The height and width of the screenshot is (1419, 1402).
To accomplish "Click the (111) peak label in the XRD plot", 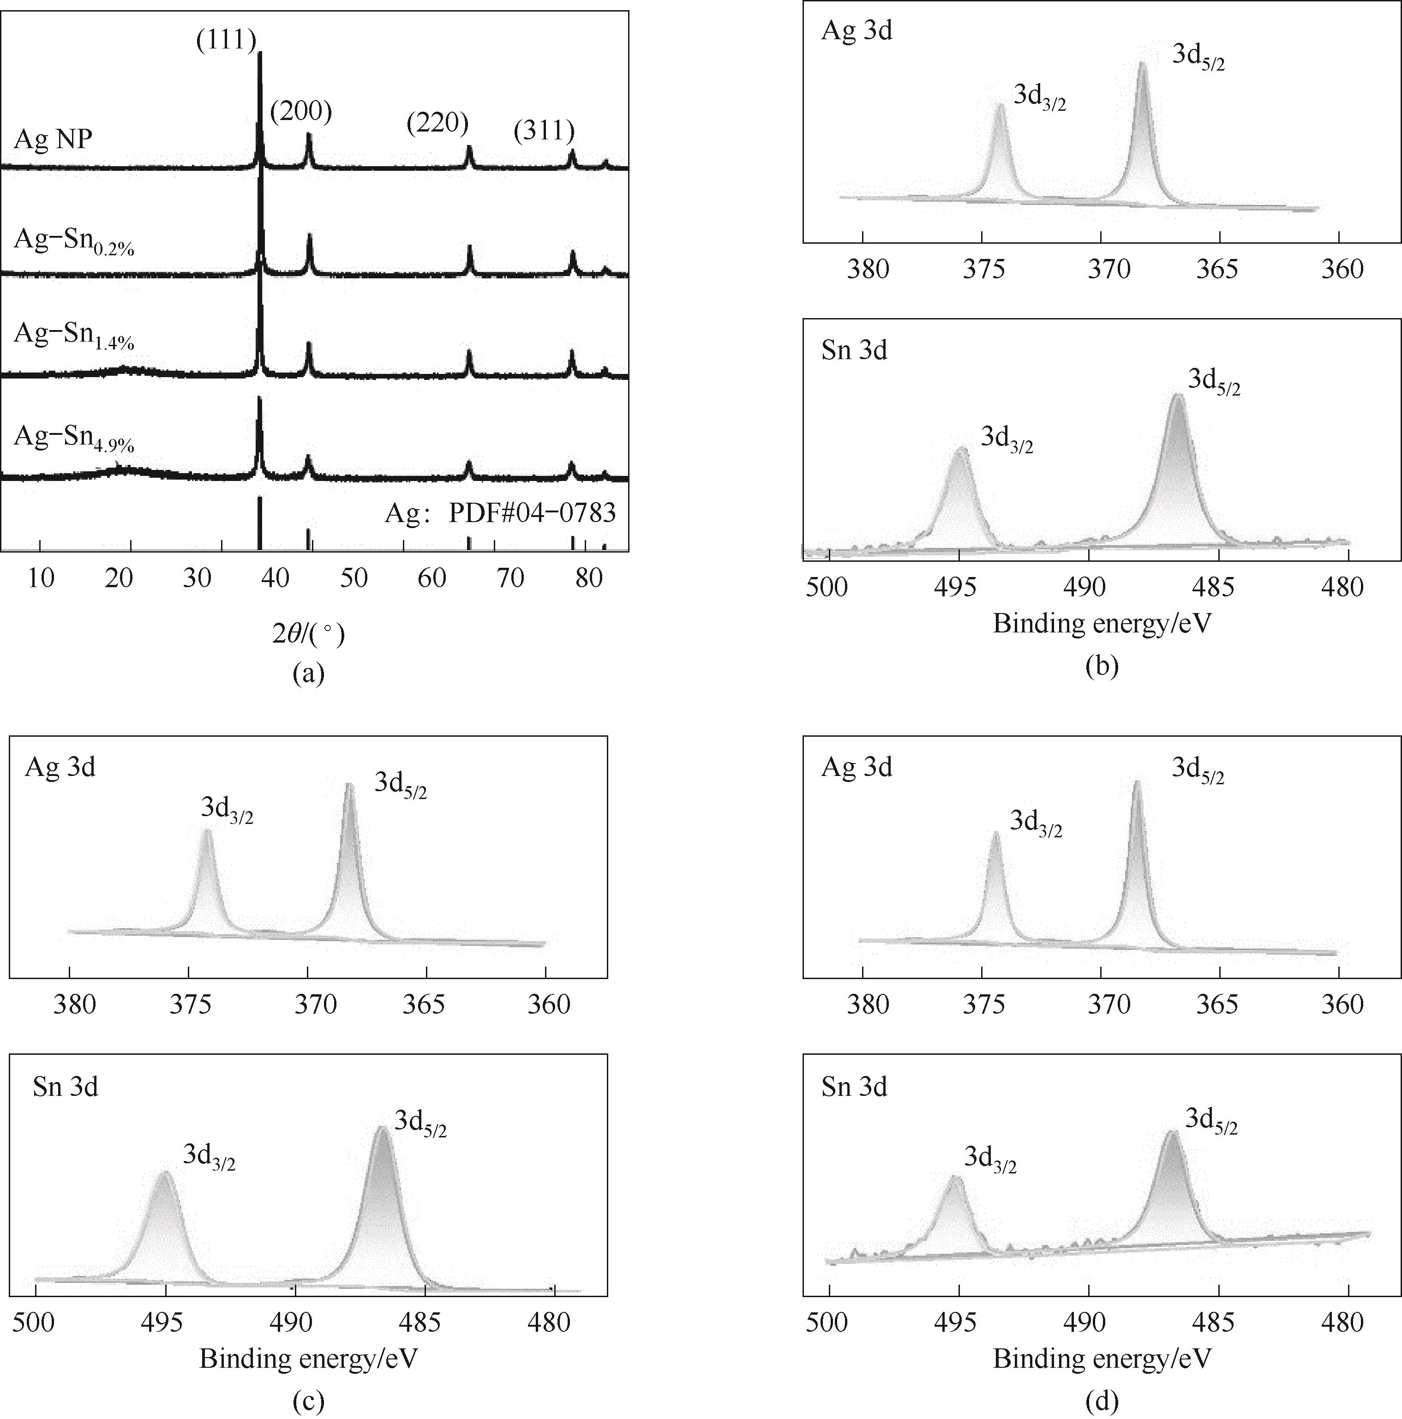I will pos(226,39).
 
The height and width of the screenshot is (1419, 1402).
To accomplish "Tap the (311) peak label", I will pos(544,130).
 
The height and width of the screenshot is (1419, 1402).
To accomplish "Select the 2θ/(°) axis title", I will pos(308,633).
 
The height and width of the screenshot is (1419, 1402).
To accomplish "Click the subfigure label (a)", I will pos(308,673).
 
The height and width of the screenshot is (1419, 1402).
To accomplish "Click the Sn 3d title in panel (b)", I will pos(854,350).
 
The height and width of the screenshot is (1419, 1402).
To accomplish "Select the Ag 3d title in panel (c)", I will pos(60,767).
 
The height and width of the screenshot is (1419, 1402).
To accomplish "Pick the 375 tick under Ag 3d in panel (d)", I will pos(983,1004).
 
